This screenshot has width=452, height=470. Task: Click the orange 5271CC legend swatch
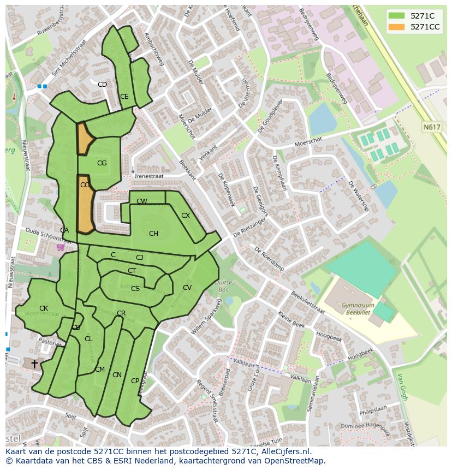pyautogui.click(x=397, y=27)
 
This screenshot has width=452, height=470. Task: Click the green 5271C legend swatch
pyautogui.click(x=397, y=16)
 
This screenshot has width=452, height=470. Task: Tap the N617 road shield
pyautogui.click(x=431, y=127)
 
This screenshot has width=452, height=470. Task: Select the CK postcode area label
pyautogui.click(x=44, y=308)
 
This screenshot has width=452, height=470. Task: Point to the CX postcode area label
pyautogui.click(x=186, y=216)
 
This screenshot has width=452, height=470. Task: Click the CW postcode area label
pyautogui.click(x=142, y=201)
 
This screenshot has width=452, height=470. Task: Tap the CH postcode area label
pyautogui.click(x=153, y=234)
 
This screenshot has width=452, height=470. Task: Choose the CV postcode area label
pyautogui.click(x=187, y=288)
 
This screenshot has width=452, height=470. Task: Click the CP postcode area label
pyautogui.click(x=135, y=381)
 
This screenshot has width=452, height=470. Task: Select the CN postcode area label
pyautogui.click(x=117, y=375)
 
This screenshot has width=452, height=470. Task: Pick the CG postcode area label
pyautogui.click(x=102, y=163)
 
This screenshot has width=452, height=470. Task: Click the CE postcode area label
pyautogui.click(x=124, y=97)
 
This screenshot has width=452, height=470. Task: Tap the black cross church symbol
pyautogui.click(x=34, y=363)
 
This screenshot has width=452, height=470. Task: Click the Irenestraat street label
pyautogui.click(x=148, y=176)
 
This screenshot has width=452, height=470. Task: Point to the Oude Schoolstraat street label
pyautogui.click(x=48, y=237)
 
